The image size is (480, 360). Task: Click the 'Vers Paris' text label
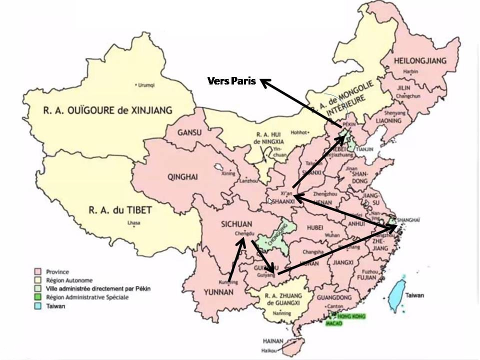tap(231, 81)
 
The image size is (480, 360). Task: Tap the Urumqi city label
tap(145, 85)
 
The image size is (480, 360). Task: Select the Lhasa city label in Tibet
tap(132, 222)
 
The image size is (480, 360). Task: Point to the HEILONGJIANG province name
tap(420, 60)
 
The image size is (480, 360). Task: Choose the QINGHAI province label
tap(183, 177)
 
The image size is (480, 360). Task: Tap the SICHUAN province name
tap(235, 224)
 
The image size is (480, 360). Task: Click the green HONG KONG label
tap(351, 316)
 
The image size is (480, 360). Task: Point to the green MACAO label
tap(334, 324)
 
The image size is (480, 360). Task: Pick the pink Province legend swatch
tap(37, 272)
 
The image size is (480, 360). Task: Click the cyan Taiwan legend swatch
tap(37, 306)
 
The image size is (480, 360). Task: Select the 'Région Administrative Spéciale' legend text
tap(86, 297)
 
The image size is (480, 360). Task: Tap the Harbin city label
tap(410, 71)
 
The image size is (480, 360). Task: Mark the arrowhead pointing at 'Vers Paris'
tap(263, 82)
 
